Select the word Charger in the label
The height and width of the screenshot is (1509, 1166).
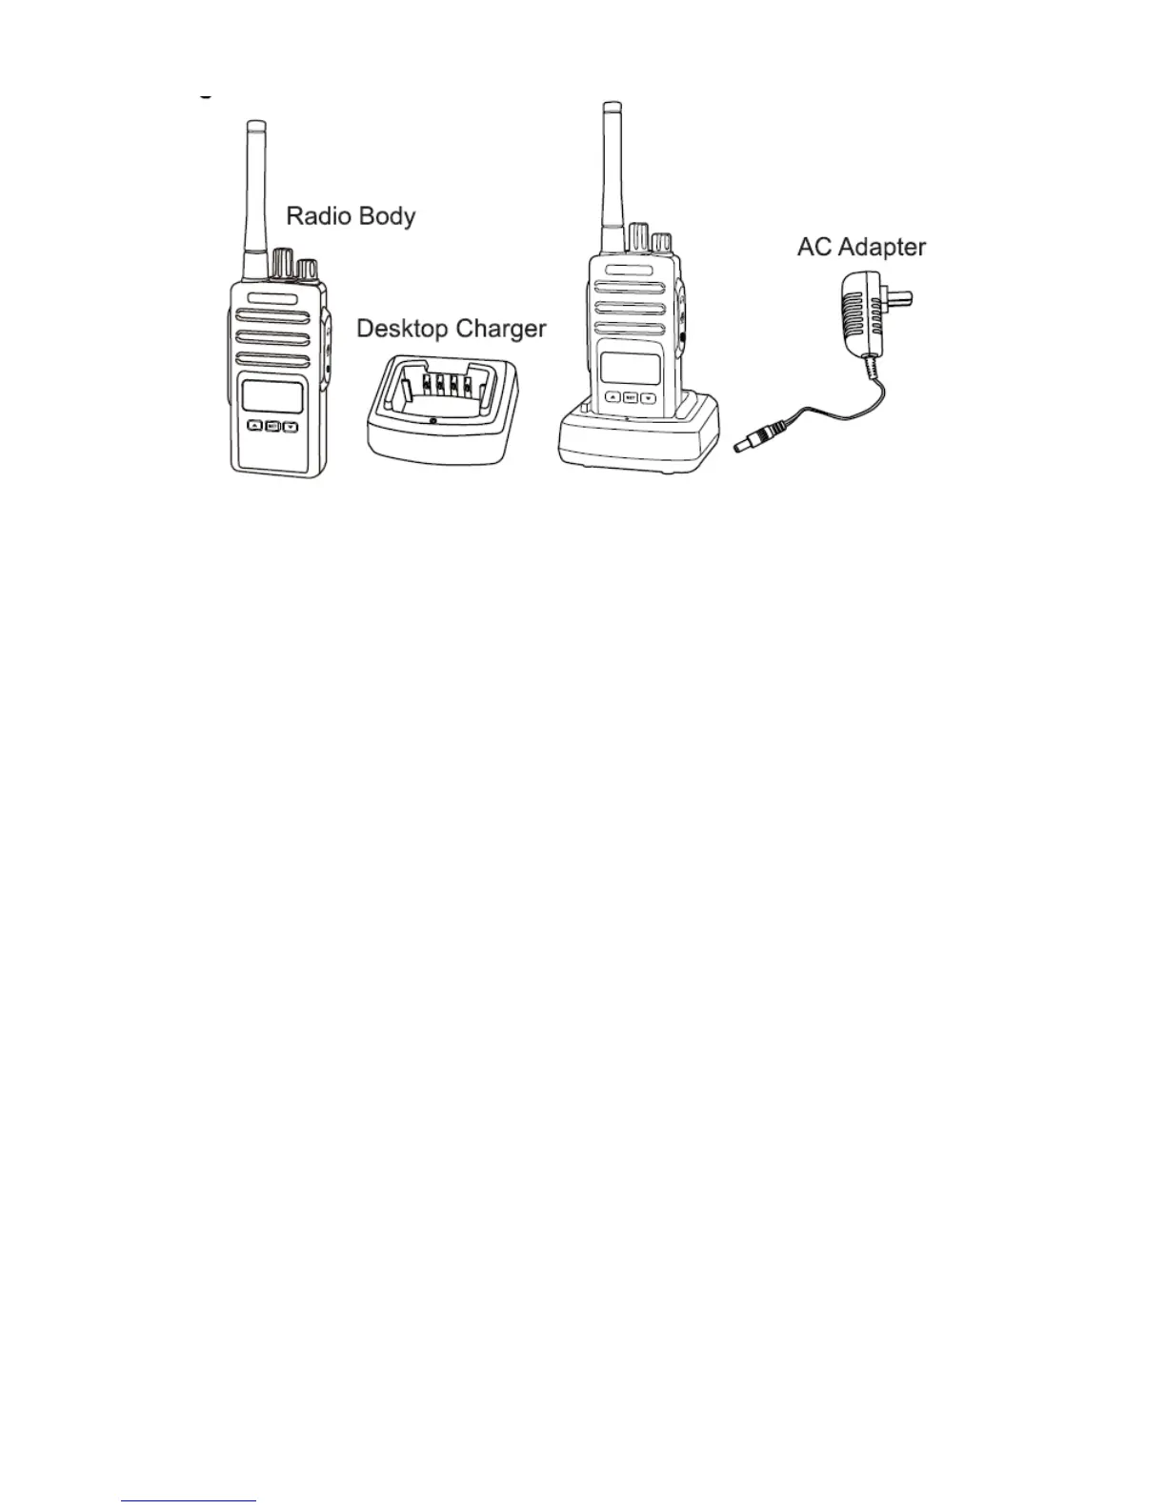coord(500,331)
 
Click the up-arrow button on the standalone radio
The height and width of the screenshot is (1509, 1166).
coord(254,426)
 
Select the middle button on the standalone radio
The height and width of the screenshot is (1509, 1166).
coord(272,426)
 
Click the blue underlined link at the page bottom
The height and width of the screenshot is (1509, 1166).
coord(189,1501)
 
